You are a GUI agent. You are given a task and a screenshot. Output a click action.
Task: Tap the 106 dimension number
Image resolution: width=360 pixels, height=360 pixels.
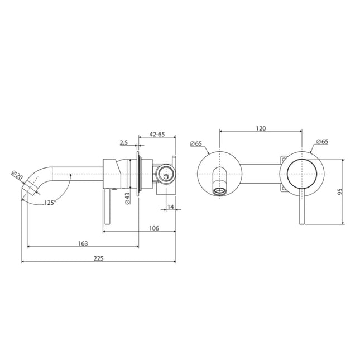(x=155, y=228)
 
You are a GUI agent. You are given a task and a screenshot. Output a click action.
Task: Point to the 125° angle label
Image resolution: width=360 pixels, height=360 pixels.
(x=50, y=203)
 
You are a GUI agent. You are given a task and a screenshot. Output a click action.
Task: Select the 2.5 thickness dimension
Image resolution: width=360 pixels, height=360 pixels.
(x=124, y=143)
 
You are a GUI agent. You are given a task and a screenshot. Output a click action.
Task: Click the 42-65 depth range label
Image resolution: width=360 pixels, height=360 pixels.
(x=156, y=134)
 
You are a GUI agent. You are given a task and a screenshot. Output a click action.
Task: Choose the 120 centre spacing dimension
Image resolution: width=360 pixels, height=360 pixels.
(x=261, y=128)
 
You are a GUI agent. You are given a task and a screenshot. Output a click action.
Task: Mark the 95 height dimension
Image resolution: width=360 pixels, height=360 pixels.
(x=340, y=191)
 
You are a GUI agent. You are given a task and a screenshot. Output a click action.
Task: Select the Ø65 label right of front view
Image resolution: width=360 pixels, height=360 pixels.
(x=322, y=142)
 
